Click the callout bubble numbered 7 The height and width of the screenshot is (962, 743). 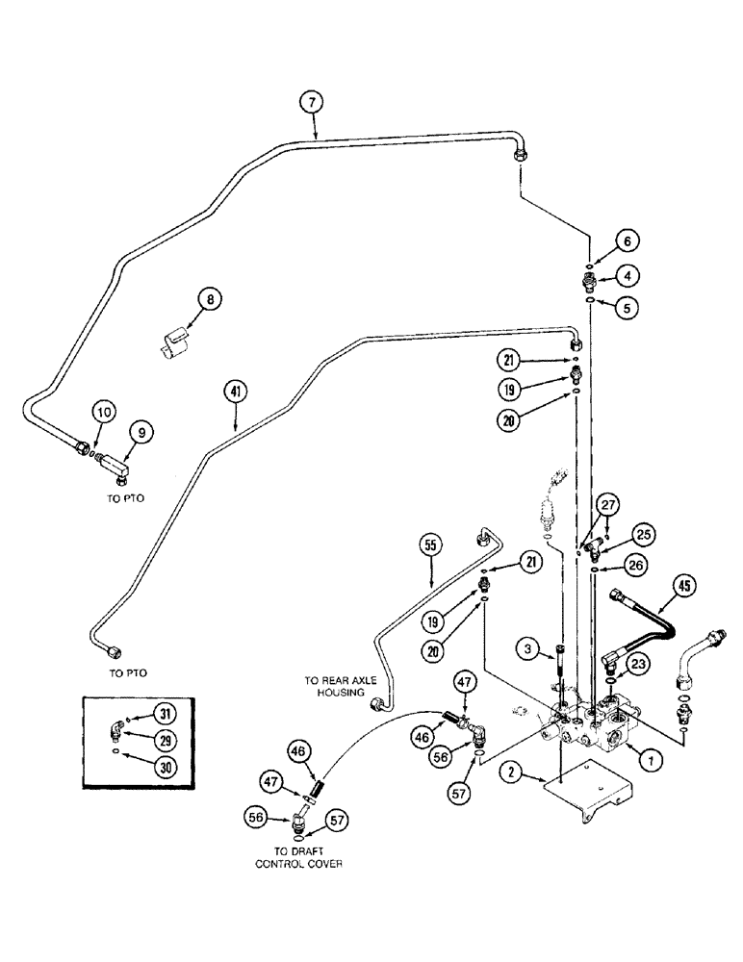click(311, 102)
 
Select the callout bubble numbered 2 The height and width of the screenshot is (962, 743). click(509, 770)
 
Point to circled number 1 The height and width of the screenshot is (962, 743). click(652, 759)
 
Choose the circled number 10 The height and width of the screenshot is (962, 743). click(103, 413)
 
